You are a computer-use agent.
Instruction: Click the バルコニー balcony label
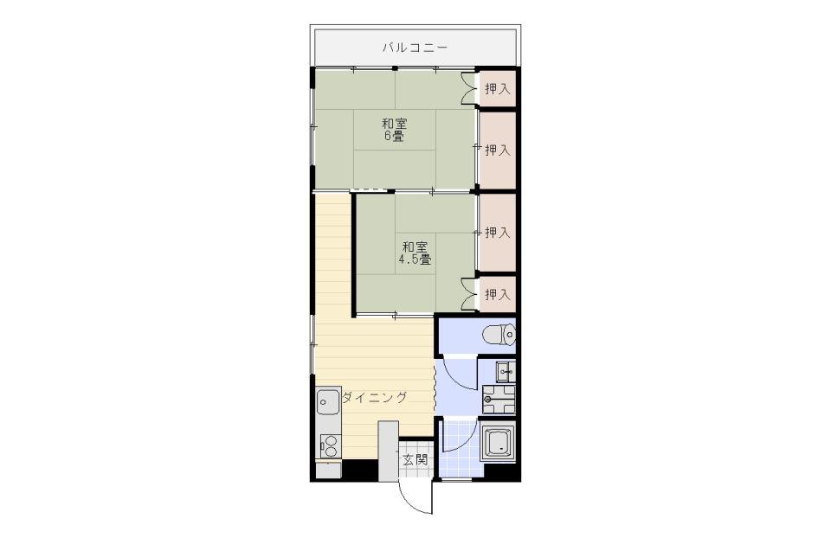415,48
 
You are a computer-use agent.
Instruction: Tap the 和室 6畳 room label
395,131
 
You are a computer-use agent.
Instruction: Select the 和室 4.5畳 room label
415,253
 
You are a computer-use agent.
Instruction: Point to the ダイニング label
375,397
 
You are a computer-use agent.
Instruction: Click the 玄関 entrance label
415,459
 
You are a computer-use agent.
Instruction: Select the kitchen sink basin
328,402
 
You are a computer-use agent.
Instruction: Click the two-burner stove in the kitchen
330,445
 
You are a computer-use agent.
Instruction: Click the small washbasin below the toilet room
505,372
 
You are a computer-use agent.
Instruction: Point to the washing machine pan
499,400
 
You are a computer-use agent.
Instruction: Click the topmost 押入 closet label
498,89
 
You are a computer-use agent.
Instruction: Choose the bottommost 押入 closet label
498,294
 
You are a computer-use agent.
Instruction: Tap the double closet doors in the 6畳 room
468,88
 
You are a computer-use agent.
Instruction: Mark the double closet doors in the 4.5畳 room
468,293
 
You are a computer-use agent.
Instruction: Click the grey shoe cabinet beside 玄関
388,452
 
